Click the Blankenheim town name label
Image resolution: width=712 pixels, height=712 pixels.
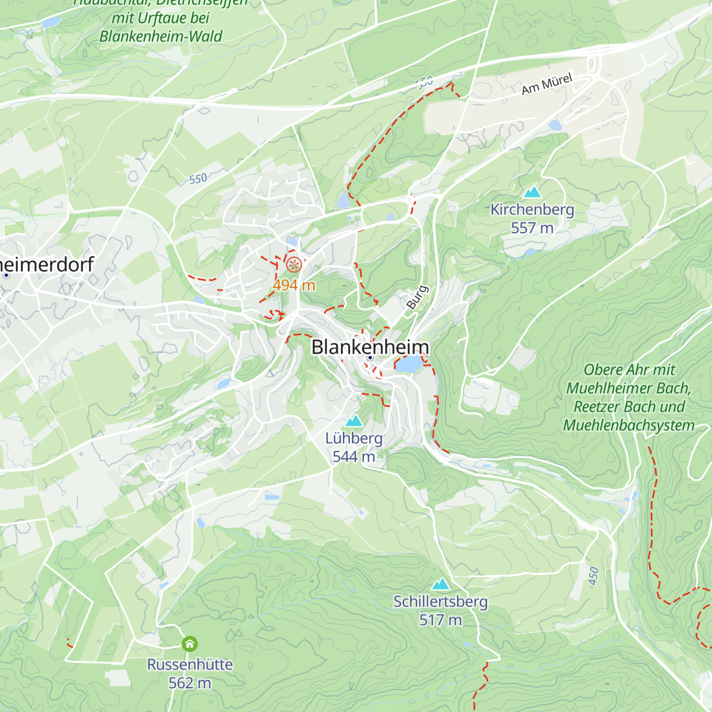tap(370, 347)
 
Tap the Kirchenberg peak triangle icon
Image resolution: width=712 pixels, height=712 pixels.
tap(532, 192)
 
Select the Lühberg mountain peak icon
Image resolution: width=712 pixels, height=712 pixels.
tap(354, 421)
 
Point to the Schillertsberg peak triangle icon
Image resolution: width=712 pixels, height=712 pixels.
tap(440, 584)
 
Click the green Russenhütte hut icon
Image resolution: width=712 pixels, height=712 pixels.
tap(190, 644)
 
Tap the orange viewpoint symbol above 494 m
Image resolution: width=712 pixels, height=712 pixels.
tap(294, 265)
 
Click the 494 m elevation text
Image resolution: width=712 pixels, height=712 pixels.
tap(294, 285)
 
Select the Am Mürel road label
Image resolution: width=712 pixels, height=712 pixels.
tap(547, 84)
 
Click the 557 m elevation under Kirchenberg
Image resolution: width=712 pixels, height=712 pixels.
tap(532, 228)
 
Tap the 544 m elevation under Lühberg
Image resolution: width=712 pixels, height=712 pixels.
tap(354, 457)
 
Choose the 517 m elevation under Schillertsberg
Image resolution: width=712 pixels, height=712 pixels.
tap(440, 620)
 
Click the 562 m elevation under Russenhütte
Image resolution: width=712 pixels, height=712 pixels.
tap(190, 683)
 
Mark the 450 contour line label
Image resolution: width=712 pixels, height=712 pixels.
tap(594, 576)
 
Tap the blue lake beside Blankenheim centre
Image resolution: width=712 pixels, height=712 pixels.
tap(408, 364)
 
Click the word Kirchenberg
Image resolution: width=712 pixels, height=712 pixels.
tap(532, 209)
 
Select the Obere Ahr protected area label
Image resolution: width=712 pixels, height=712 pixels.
tap(629, 398)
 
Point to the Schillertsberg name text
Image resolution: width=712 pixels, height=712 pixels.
tap(440, 602)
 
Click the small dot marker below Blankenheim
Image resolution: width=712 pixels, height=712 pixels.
tap(370, 358)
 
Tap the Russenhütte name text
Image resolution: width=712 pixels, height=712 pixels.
tap(190, 665)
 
